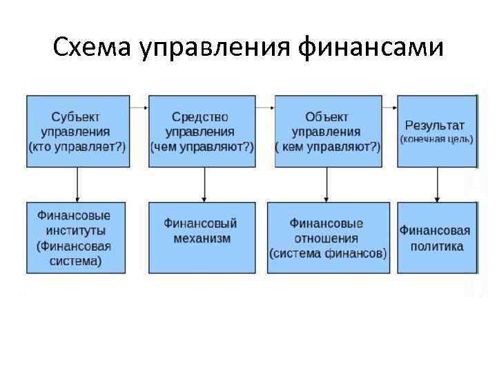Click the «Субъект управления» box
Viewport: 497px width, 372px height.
pos(77,131)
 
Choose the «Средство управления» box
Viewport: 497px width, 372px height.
pos(202,131)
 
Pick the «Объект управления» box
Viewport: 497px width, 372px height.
pos(327,131)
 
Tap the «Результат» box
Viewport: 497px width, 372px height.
pos(436,131)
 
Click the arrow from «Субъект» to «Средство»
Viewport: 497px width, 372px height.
pos(138,107)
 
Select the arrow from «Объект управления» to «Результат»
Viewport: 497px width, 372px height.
pos(389,107)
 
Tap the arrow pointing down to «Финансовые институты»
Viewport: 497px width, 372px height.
pos(77,184)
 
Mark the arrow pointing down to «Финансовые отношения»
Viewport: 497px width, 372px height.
pos(326,184)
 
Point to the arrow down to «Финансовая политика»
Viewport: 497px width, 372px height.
pos(436,184)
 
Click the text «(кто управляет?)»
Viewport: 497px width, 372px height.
pos(77,147)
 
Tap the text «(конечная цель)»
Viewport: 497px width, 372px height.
pos(436,139)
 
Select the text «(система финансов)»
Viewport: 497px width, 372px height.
pos(327,253)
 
